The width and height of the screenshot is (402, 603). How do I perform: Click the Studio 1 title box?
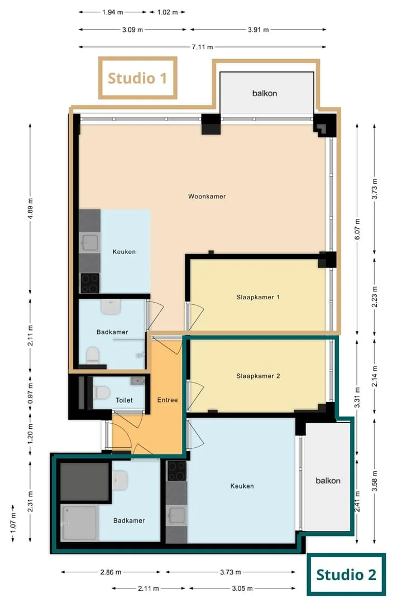tap(138, 78)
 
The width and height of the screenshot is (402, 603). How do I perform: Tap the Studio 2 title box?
tap(346, 575)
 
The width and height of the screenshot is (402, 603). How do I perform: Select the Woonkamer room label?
tap(207, 197)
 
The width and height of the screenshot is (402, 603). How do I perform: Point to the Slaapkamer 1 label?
tap(258, 297)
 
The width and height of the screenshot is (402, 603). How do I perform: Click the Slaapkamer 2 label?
tap(258, 376)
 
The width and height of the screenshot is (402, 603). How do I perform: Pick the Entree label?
tap(167, 400)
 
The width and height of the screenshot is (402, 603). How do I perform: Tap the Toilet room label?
tap(125, 400)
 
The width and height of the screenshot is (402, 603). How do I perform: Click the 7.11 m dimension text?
tap(202, 47)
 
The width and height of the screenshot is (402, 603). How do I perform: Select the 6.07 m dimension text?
tap(357, 229)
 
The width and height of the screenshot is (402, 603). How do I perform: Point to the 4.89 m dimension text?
tap(30, 208)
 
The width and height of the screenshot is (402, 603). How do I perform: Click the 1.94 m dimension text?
tap(113, 12)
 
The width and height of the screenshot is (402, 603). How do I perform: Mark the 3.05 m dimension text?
tap(242, 588)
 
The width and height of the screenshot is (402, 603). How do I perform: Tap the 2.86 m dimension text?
tap(111, 572)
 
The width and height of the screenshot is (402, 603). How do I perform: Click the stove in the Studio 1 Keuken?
tap(90, 284)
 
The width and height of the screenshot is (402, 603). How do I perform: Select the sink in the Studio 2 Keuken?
tap(176, 516)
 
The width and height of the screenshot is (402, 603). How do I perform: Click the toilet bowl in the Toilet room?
tap(102, 393)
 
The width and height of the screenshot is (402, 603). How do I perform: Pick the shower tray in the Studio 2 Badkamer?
tap(79, 523)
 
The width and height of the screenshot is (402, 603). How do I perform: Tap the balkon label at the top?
tap(265, 93)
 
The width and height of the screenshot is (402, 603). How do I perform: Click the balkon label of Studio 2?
tap(328, 481)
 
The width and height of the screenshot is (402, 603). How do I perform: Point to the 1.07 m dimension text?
tap(13, 523)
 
